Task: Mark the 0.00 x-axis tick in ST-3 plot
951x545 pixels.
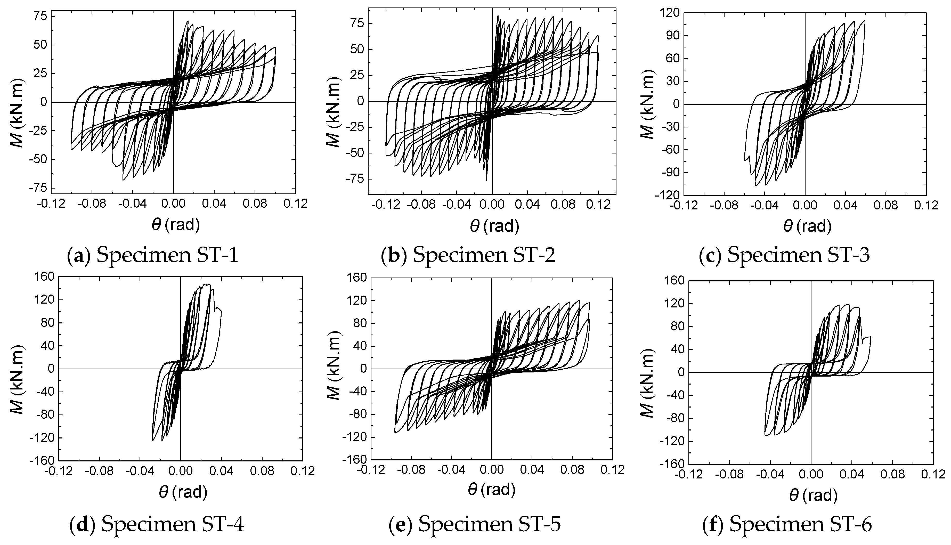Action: click(805, 206)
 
